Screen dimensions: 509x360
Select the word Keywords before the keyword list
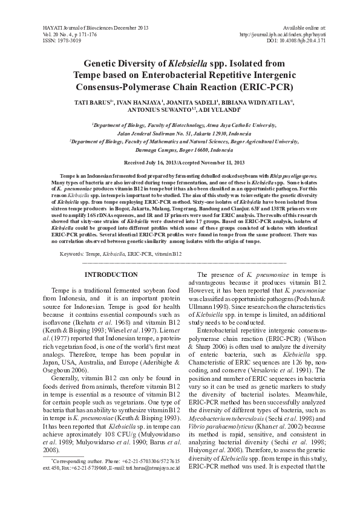pyautogui.click(x=72, y=255)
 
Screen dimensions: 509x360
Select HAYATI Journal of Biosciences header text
pyautogui.click(x=96, y=28)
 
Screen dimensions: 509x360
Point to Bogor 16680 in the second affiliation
pyautogui.click(x=208, y=149)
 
